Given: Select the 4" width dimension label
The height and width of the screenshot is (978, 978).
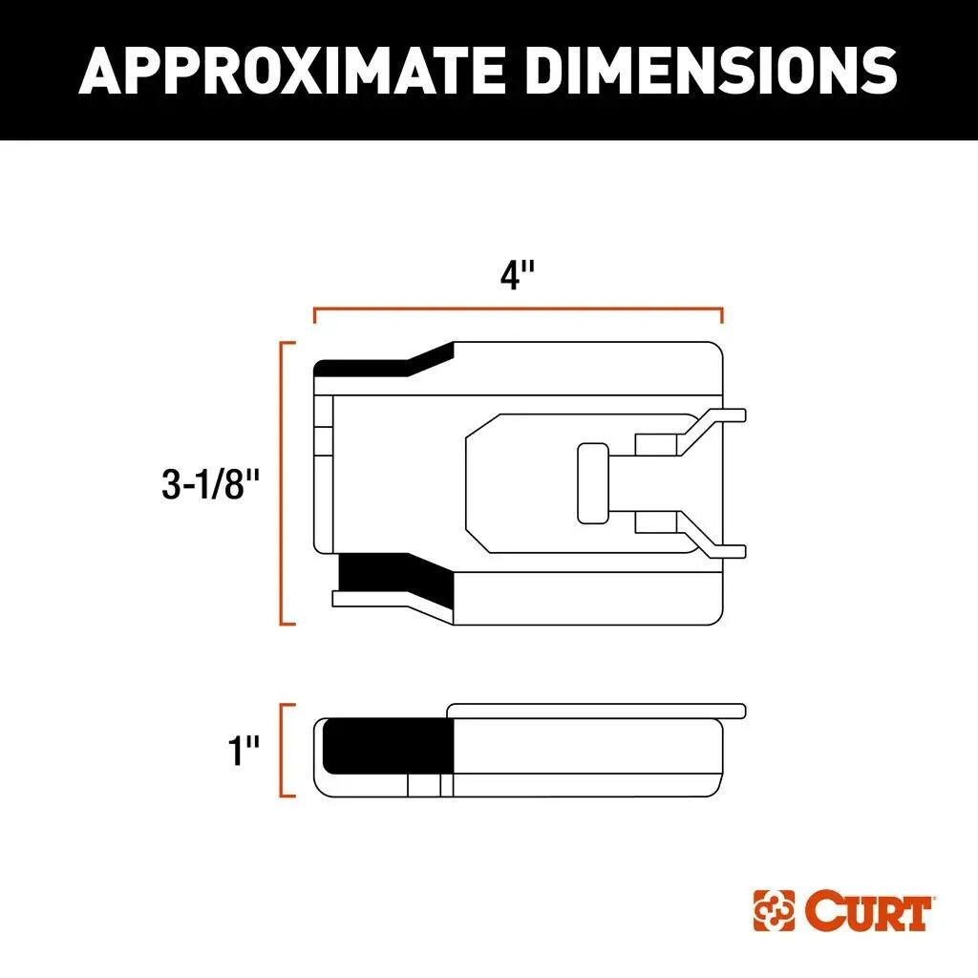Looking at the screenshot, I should pyautogui.click(x=518, y=277).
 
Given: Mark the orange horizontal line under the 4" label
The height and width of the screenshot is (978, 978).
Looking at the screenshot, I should pyautogui.click(x=518, y=309).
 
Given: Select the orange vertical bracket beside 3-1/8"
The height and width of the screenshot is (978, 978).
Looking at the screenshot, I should pyautogui.click(x=283, y=483).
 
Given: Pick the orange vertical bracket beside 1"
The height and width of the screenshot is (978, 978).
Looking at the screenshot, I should pyautogui.click(x=283, y=751).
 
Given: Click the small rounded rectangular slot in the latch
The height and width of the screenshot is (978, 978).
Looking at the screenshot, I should pyautogui.click(x=593, y=483).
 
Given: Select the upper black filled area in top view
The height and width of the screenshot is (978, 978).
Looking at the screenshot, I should pyautogui.click(x=382, y=363).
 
